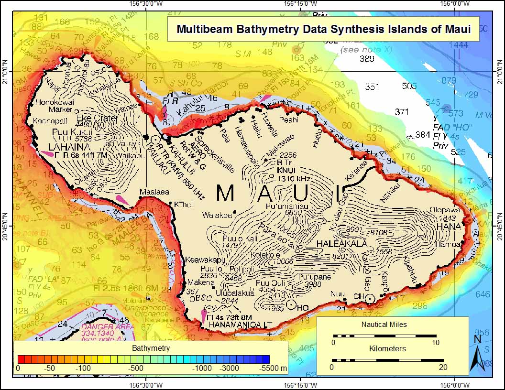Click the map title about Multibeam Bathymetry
pos(324,29)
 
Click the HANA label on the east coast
pos(451,226)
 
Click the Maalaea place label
pos(154,192)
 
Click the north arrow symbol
pos(476,354)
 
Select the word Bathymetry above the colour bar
pos(151,348)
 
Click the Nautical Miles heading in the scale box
pos(384,325)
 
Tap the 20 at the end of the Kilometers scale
pos(443,367)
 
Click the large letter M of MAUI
pos(225,193)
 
